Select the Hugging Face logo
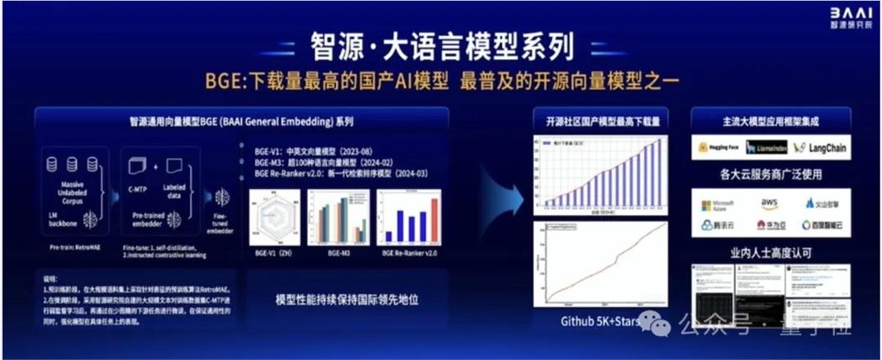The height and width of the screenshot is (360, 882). [720, 148]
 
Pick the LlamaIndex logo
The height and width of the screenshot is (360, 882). [769, 148]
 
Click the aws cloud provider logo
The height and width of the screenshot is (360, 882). [769, 203]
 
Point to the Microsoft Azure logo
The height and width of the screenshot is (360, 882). [718, 206]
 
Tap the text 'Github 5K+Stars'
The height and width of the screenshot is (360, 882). [600, 321]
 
